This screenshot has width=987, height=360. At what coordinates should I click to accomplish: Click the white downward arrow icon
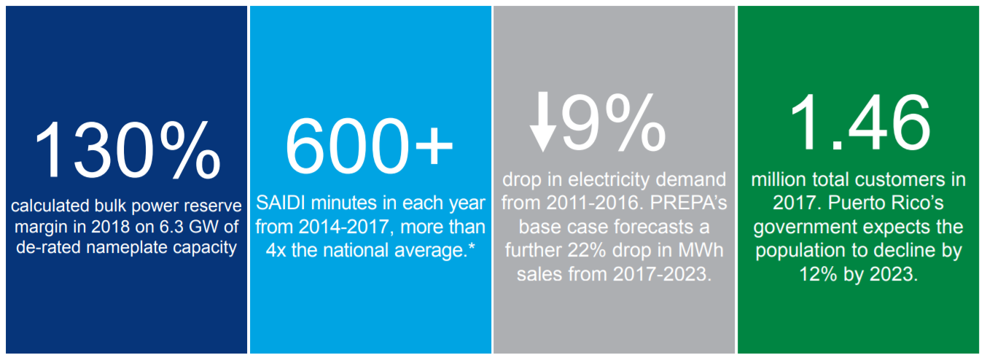click(544, 120)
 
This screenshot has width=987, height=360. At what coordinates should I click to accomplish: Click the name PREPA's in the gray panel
click(684, 202)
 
